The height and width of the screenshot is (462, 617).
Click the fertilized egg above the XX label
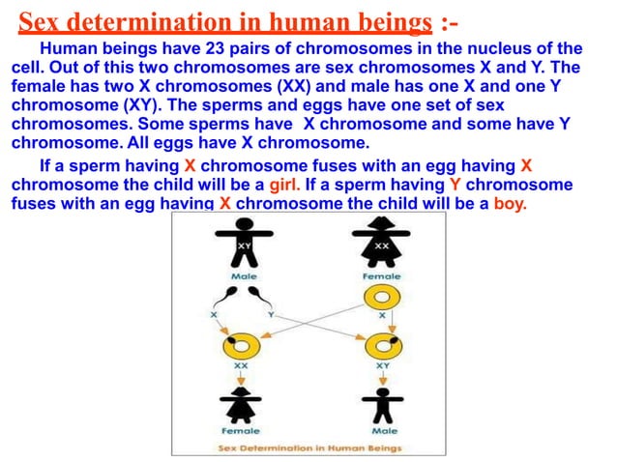point(238,346)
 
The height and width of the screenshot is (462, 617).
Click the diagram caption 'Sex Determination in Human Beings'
point(308,448)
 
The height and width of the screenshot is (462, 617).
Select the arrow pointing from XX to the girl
point(238,377)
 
